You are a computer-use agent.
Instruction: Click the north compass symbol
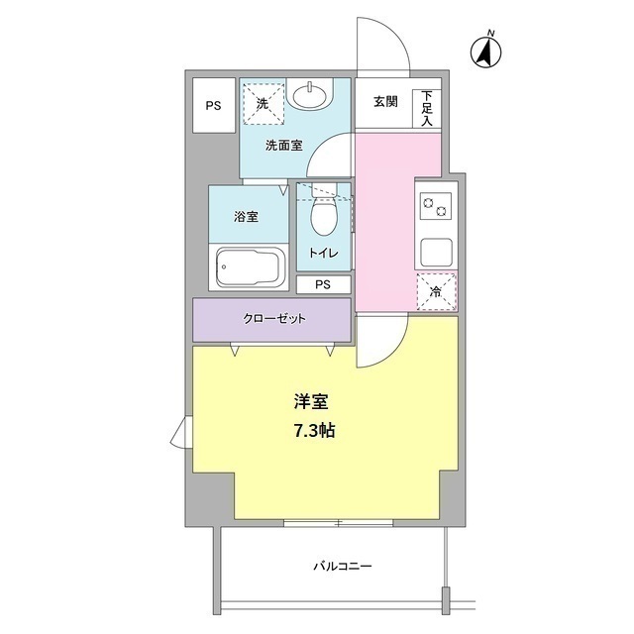pyautogui.click(x=486, y=51)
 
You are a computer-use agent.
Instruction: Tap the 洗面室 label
pyautogui.click(x=284, y=146)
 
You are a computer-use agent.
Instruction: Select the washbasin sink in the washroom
pyautogui.click(x=310, y=96)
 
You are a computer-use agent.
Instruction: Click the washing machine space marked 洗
pyautogui.click(x=263, y=104)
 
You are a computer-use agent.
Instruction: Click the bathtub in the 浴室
pyautogui.click(x=249, y=267)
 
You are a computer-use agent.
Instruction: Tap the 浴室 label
pyautogui.click(x=246, y=217)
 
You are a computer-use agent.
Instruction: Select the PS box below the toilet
pyautogui.click(x=323, y=284)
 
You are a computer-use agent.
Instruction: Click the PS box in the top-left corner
pyautogui.click(x=214, y=105)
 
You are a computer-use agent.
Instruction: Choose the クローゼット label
pyautogui.click(x=273, y=319)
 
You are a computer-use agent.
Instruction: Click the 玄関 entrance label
pyautogui.click(x=385, y=101)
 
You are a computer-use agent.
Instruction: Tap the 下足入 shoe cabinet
pyautogui.click(x=427, y=108)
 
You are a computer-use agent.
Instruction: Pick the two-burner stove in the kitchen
pyautogui.click(x=436, y=206)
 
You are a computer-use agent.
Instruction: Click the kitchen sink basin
pyautogui.click(x=436, y=253)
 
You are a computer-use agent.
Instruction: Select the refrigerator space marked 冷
pyautogui.click(x=436, y=291)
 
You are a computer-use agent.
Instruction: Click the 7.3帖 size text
pyautogui.click(x=314, y=431)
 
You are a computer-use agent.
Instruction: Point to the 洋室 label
pyautogui.click(x=311, y=401)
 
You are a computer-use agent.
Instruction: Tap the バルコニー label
pyautogui.click(x=343, y=566)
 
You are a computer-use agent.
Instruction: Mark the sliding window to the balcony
pyautogui.click(x=339, y=523)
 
